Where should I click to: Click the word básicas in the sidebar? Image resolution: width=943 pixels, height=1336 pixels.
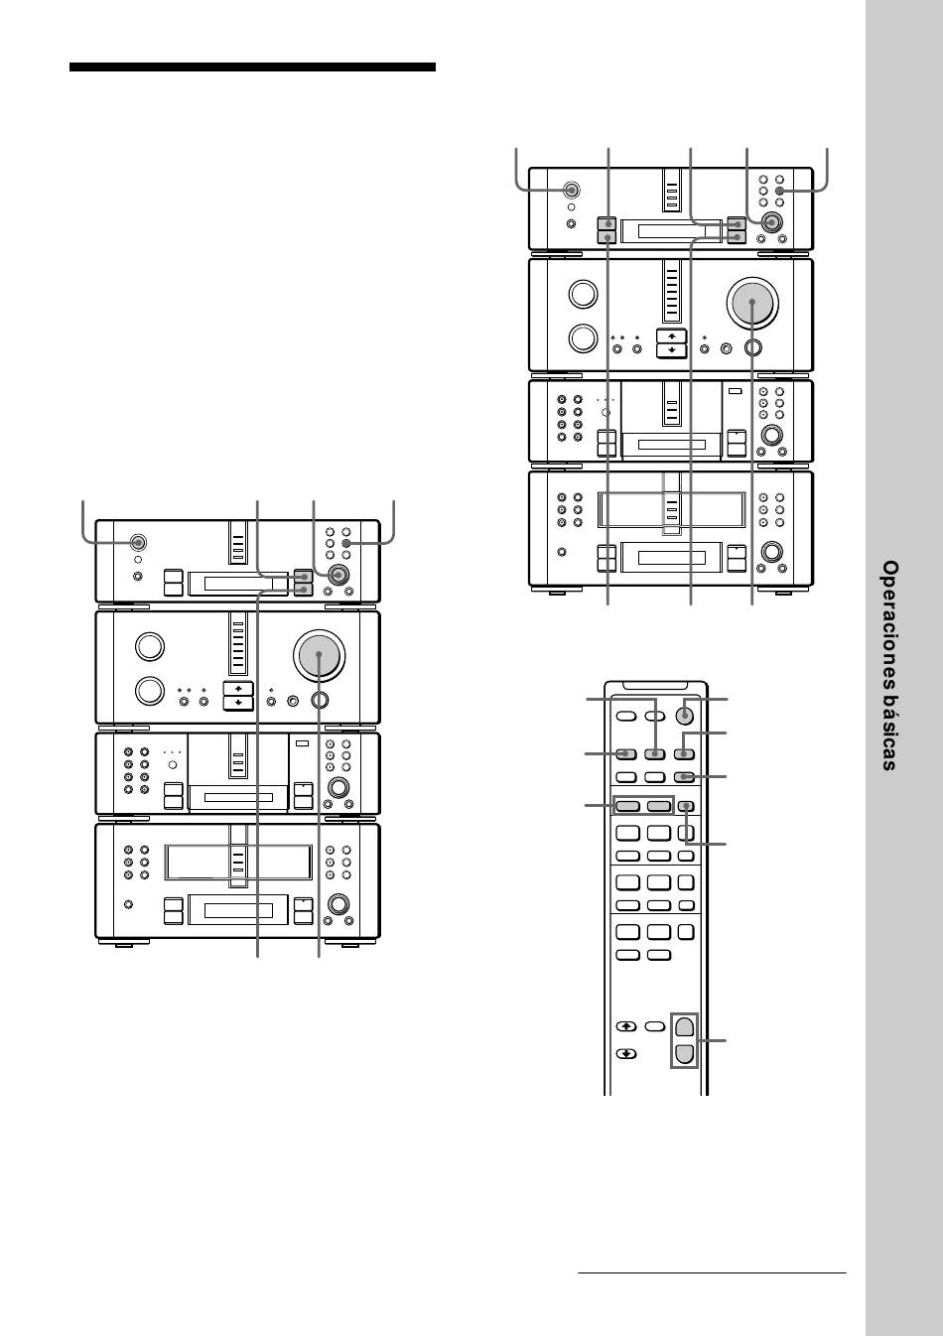coord(890,737)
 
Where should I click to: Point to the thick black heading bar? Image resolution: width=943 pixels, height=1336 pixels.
coord(252,67)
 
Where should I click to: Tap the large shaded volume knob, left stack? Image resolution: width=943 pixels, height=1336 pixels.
coord(319,655)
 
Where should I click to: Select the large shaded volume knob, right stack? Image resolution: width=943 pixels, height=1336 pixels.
coord(752,303)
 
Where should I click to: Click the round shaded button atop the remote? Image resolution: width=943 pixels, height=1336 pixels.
coord(685,715)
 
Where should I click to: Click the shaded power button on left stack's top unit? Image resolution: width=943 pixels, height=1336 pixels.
coord(138,543)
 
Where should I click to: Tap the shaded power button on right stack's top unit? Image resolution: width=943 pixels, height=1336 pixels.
coord(572,191)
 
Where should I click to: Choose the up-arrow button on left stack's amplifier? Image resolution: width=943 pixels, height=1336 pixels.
coord(238,689)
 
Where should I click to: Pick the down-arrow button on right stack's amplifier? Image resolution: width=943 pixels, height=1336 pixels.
coord(672,350)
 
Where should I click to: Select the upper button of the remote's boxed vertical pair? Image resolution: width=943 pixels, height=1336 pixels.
coord(684,1026)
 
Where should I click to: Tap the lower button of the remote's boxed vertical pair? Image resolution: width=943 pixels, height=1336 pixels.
coord(684,1054)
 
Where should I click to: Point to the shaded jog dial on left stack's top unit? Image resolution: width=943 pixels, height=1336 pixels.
coord(338,575)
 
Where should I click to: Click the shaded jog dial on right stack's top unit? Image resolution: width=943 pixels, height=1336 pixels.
coord(772,222)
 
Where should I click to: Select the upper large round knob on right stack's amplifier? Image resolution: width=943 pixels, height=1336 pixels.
coord(583,294)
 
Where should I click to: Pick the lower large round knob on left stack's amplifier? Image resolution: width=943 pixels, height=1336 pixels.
coord(150,691)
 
